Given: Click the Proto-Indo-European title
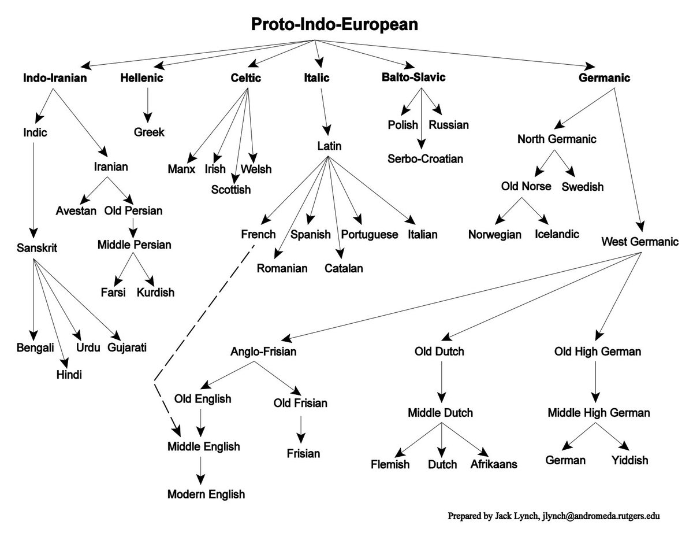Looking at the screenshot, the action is (x=334, y=25).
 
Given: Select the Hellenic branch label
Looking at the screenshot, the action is (x=142, y=78).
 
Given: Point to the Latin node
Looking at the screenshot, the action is (x=329, y=146).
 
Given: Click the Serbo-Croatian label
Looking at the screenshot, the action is (x=426, y=158).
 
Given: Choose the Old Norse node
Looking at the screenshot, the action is (x=526, y=187).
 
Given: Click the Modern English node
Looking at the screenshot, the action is (x=206, y=494).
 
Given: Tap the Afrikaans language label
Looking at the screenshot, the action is (x=494, y=464).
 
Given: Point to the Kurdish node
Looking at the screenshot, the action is (x=155, y=292).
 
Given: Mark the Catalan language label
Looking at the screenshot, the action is (x=344, y=268).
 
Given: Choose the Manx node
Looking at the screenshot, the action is (x=182, y=169).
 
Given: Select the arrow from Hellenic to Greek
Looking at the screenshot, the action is (x=149, y=104).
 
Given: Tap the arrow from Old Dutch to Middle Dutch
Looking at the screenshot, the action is (x=442, y=382).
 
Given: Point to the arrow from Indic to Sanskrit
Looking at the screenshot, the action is (x=34, y=191).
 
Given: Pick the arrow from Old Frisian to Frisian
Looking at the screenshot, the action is (x=300, y=428).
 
